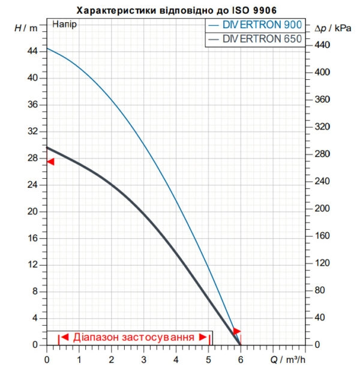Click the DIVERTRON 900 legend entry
point(255,25)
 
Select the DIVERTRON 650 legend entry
point(255,39)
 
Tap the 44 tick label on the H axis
point(32,51)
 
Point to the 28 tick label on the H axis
point(32,158)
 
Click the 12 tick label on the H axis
point(32,264)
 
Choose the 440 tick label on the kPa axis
point(322,45)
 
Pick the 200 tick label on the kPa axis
point(322,208)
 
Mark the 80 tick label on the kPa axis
point(320,290)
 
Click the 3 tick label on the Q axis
point(144,360)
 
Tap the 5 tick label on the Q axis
point(208,360)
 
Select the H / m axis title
point(26,28)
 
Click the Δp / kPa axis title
point(333,28)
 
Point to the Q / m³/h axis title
point(287,360)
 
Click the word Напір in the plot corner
point(64,25)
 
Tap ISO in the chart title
point(239,10)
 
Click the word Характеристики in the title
point(116,10)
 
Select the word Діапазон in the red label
point(96,337)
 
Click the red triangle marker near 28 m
point(50,162)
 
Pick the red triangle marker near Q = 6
point(237,331)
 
